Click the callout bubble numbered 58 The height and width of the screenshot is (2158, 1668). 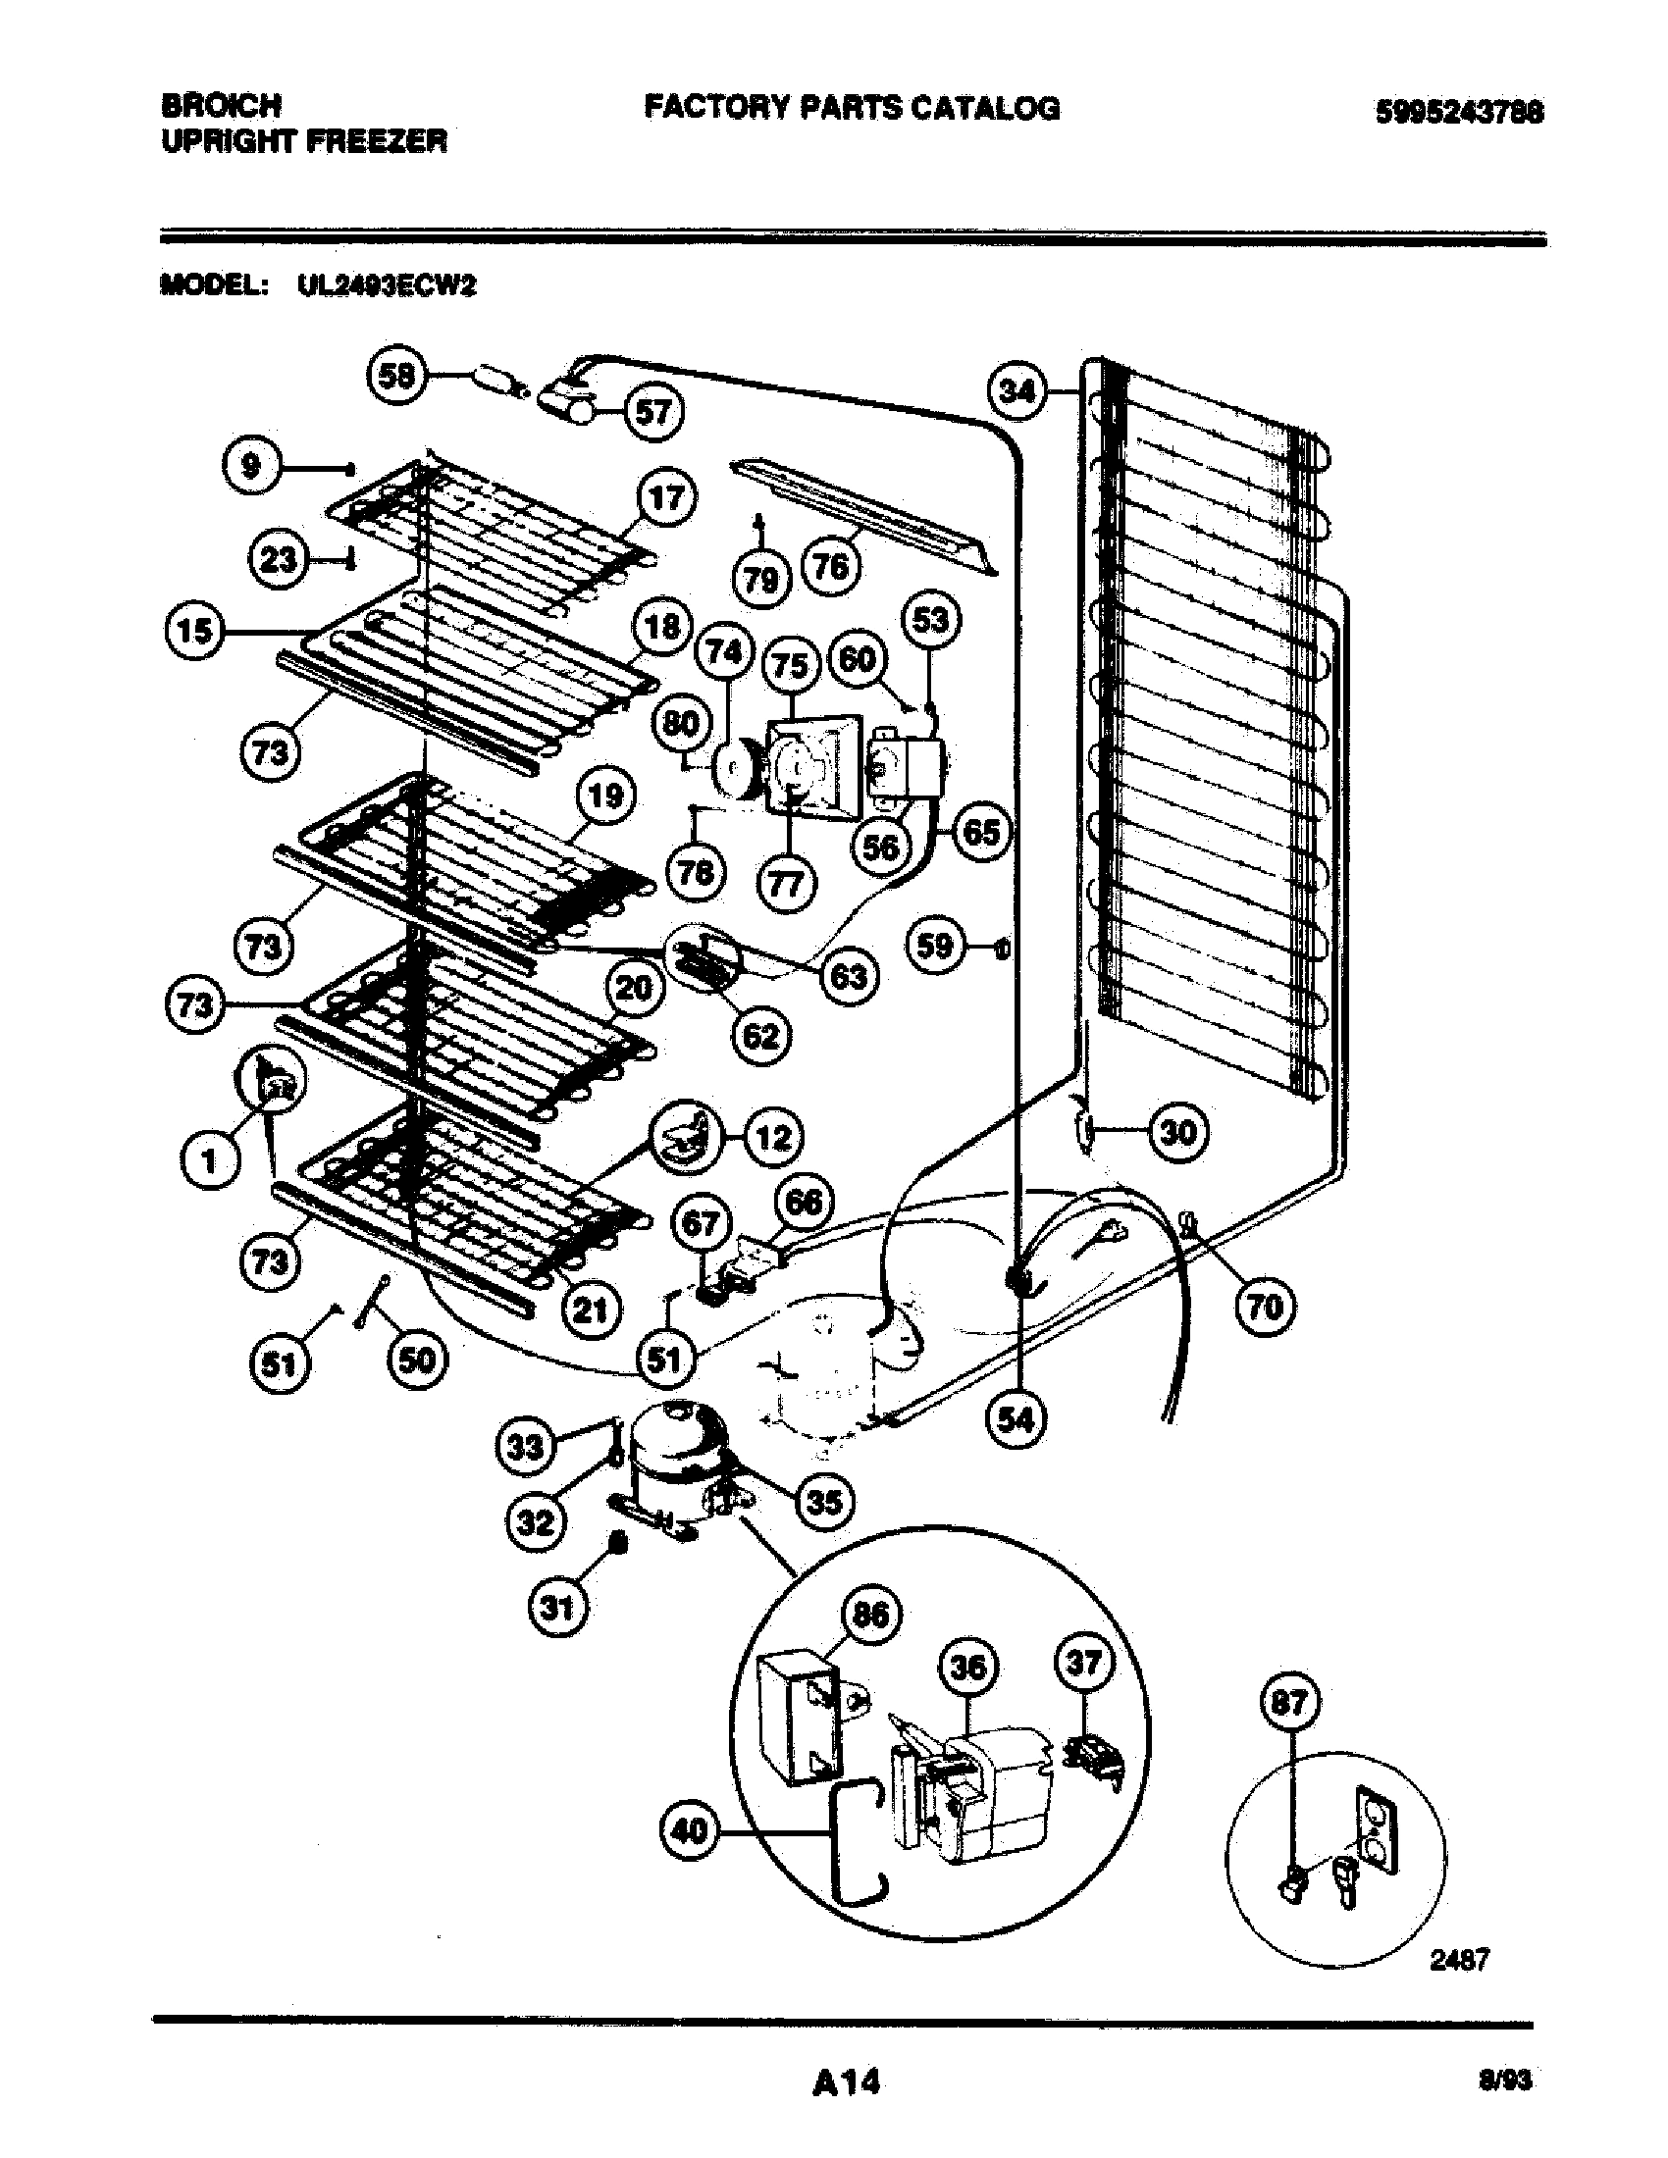397,376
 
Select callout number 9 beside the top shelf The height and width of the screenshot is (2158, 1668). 251,464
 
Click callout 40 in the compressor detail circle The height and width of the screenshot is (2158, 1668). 690,1832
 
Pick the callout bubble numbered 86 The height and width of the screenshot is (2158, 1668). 869,1615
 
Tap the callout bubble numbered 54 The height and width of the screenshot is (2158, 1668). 1016,1420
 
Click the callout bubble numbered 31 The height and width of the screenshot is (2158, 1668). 557,1609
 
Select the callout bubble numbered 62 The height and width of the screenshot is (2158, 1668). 759,1037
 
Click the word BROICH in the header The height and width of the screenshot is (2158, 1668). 221,105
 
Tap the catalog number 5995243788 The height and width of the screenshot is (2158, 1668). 1460,112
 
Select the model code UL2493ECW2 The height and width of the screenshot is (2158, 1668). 387,285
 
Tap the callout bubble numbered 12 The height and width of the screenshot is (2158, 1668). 773,1138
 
